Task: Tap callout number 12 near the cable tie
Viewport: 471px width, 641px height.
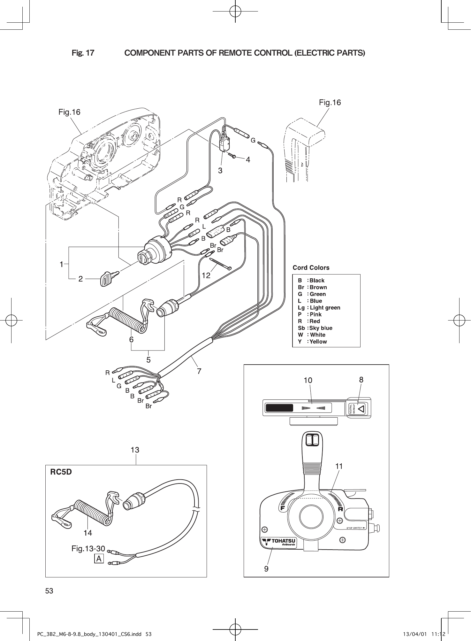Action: click(x=206, y=275)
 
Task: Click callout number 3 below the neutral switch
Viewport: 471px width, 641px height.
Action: click(x=220, y=170)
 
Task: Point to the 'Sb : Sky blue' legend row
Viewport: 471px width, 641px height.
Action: click(x=315, y=328)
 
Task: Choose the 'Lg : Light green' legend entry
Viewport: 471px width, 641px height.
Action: click(x=319, y=307)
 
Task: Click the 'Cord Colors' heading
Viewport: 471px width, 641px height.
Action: click(x=311, y=268)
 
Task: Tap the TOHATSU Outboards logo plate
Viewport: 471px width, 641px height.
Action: click(x=278, y=542)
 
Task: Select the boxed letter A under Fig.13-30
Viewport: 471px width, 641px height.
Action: click(x=99, y=559)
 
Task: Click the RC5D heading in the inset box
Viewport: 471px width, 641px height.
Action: click(x=61, y=472)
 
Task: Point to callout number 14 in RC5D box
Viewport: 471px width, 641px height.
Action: click(x=88, y=533)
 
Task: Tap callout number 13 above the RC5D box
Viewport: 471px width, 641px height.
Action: click(x=135, y=450)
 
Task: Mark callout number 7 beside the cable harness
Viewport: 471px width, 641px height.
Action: click(x=199, y=371)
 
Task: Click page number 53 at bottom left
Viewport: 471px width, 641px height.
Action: click(x=49, y=591)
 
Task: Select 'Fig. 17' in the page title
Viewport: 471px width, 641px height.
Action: click(x=83, y=53)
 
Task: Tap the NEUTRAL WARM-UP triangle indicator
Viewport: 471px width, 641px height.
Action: click(x=361, y=408)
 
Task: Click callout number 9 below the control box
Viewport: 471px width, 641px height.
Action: click(x=266, y=569)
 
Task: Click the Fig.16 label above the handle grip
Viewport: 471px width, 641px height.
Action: click(x=330, y=102)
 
